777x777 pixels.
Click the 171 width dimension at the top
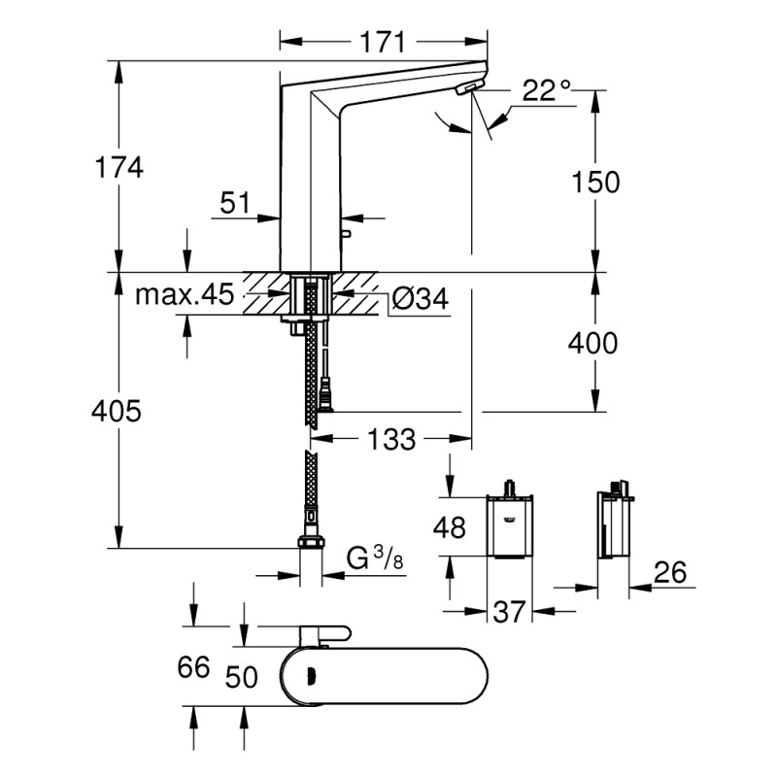(382, 42)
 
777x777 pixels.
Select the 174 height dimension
(118, 167)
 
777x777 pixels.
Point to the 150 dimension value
(595, 182)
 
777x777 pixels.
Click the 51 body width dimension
(235, 202)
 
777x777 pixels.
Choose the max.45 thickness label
(185, 295)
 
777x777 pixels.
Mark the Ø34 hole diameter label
(421, 298)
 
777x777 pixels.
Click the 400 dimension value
(592, 343)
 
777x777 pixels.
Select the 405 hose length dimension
(117, 411)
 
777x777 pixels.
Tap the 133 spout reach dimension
(391, 439)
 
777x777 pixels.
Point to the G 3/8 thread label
(375, 559)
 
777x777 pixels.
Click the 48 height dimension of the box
(450, 526)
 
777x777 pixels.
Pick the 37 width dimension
(509, 612)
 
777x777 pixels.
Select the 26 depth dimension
(670, 572)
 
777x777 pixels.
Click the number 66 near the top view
(193, 667)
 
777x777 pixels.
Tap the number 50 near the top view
(241, 677)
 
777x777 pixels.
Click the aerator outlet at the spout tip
(468, 88)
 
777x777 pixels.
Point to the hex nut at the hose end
(311, 542)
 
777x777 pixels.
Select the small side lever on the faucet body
(346, 233)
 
